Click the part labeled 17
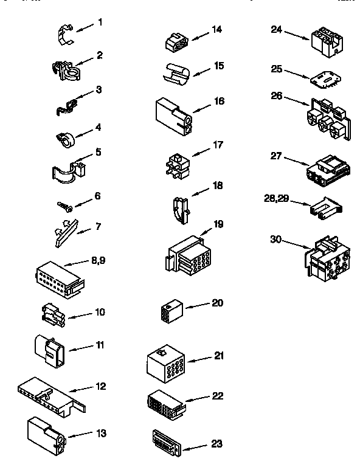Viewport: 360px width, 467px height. (176, 164)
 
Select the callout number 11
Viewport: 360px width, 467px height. (100, 345)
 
